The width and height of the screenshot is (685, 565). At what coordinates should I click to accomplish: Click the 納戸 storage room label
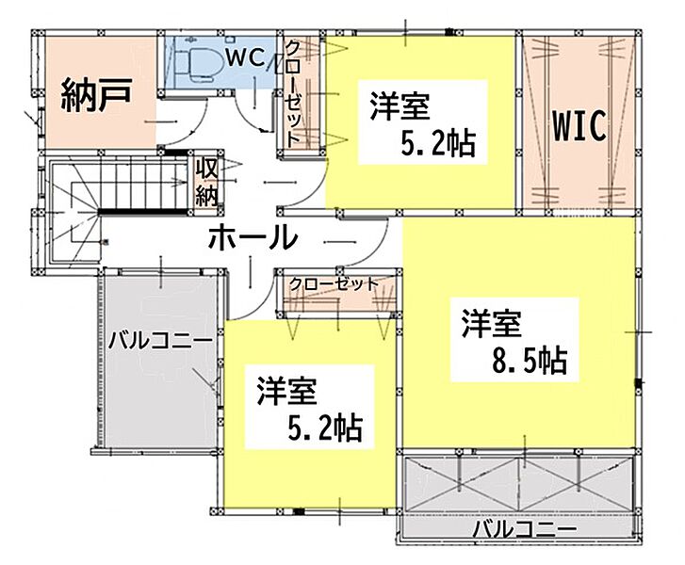pyautogui.click(x=96, y=95)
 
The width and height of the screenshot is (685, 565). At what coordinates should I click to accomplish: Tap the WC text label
pyautogui.click(x=246, y=58)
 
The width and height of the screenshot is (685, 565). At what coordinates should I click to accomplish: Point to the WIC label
pyautogui.click(x=579, y=125)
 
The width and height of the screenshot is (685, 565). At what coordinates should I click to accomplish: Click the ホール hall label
pyautogui.click(x=253, y=237)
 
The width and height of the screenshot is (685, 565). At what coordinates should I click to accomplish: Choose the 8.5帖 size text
pyautogui.click(x=530, y=361)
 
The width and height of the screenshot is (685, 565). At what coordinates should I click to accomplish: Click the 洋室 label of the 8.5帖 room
pyautogui.click(x=492, y=323)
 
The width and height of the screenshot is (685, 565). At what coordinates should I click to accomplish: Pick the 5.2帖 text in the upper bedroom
pyautogui.click(x=438, y=143)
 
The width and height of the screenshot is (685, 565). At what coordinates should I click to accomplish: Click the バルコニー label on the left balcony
pyautogui.click(x=160, y=341)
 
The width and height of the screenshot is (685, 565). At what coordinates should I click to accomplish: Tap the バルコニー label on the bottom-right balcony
pyautogui.click(x=525, y=531)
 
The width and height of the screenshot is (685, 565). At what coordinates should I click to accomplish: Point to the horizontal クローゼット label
pyautogui.click(x=334, y=284)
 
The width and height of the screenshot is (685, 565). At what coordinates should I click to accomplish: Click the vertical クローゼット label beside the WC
pyautogui.click(x=293, y=93)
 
